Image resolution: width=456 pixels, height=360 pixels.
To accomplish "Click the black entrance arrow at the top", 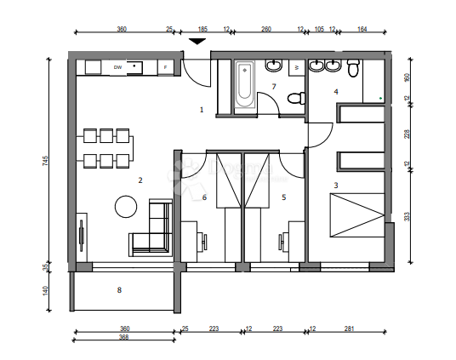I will point(197,40).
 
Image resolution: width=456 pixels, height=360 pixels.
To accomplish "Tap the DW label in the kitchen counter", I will point(117,66).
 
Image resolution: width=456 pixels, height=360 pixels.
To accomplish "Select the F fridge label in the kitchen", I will point(165,66).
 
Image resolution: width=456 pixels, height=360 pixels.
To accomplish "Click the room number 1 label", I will point(202,110).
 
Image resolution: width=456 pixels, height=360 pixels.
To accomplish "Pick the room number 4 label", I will point(335,91).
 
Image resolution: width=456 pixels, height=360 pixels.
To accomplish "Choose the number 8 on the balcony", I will point(119,290).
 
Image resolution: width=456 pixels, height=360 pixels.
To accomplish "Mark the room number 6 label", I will point(205,197).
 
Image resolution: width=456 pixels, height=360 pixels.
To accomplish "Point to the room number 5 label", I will point(283,197).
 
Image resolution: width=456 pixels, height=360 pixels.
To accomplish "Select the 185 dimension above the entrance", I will point(203,29).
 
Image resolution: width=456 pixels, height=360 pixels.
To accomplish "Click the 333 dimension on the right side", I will point(407,216).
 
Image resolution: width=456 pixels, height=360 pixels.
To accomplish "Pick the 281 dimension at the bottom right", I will point(351,329).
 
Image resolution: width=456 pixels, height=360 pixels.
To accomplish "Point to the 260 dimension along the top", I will point(265,29).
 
